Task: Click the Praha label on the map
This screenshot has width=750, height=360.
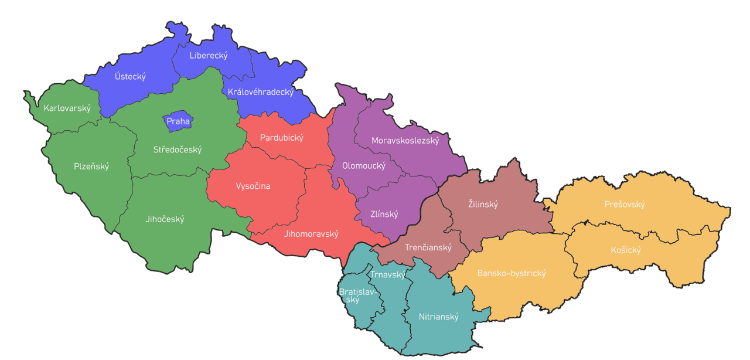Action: coord(178,121)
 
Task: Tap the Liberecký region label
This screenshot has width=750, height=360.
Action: coord(209,56)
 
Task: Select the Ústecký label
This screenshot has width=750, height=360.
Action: coord(130,76)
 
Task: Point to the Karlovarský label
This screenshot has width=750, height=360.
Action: coord(67,108)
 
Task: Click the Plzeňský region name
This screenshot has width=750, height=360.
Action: coord(91,166)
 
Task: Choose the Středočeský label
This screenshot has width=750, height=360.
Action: coord(178,150)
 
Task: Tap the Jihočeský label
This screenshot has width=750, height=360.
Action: coord(165,219)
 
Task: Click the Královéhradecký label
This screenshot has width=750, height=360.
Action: coord(260,92)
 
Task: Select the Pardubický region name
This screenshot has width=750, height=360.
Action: coord(282,138)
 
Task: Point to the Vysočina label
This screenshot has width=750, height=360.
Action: coord(253,186)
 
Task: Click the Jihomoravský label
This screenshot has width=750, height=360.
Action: coord(311,233)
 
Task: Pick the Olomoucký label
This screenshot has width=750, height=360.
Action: coord(364,166)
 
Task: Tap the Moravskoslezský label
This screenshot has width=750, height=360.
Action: coord(405,141)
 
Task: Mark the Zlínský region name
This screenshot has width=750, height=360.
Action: coord(384,214)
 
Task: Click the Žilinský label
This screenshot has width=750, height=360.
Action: coord(483,204)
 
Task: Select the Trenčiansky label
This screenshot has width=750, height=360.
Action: coord(428,247)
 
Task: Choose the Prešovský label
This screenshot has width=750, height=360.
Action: coord(625,204)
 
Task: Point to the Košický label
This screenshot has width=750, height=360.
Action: coord(626,250)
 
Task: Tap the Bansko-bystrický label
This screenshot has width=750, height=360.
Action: coord(512,273)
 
